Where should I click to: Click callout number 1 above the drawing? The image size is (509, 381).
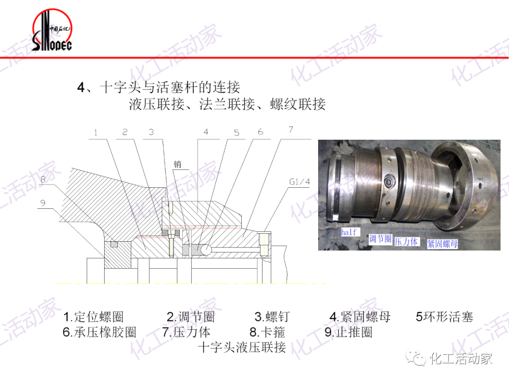(x=96, y=133)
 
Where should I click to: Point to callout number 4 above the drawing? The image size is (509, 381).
(x=206, y=132)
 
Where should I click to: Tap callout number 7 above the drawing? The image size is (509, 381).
(x=291, y=129)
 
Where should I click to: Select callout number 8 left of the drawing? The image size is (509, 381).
(x=42, y=179)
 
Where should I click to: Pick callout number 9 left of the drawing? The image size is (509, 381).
(x=42, y=203)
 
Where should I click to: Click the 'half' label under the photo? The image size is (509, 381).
(x=349, y=232)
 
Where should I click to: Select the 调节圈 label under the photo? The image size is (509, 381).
(x=380, y=239)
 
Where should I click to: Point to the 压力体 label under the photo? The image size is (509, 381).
(x=406, y=242)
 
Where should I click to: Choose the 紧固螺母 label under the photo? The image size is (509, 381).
(x=442, y=244)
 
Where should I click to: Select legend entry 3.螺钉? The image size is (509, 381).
(x=272, y=317)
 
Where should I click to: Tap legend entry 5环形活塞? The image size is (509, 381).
(x=444, y=317)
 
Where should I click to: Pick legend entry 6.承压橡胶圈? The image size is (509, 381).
(x=99, y=332)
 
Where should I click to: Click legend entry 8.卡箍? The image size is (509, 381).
(x=267, y=332)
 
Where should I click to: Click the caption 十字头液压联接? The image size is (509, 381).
(x=242, y=348)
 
